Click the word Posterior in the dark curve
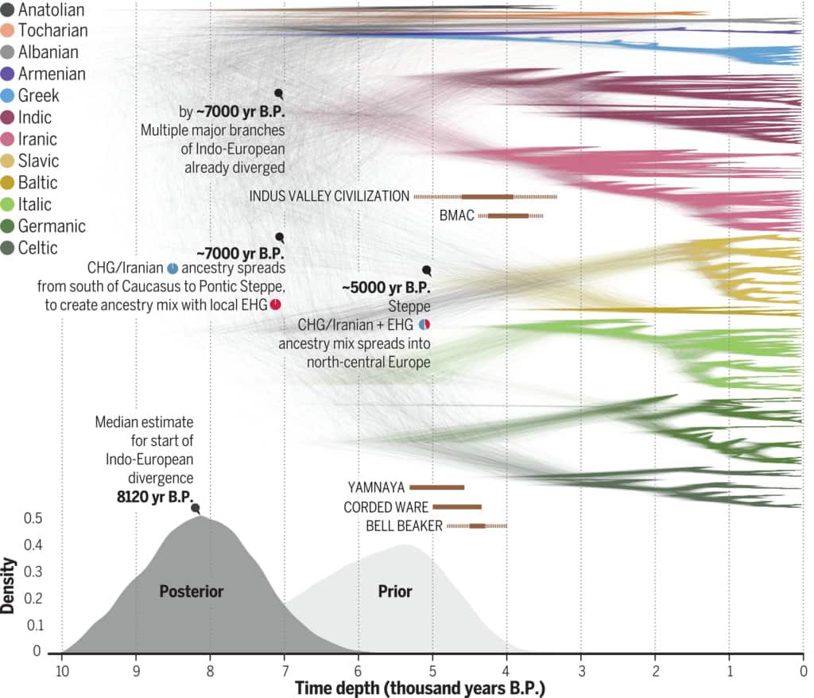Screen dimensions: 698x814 tap(191, 591)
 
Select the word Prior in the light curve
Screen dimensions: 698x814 tap(395, 591)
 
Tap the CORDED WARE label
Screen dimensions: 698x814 tap(386, 506)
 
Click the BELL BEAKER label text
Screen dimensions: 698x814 tap(404, 525)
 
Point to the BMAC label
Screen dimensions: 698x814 tap(456, 215)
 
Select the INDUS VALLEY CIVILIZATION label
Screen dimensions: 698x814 tap(329, 196)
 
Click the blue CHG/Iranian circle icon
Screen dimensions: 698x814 tap(172, 268)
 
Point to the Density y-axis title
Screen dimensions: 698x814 tap(10, 585)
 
